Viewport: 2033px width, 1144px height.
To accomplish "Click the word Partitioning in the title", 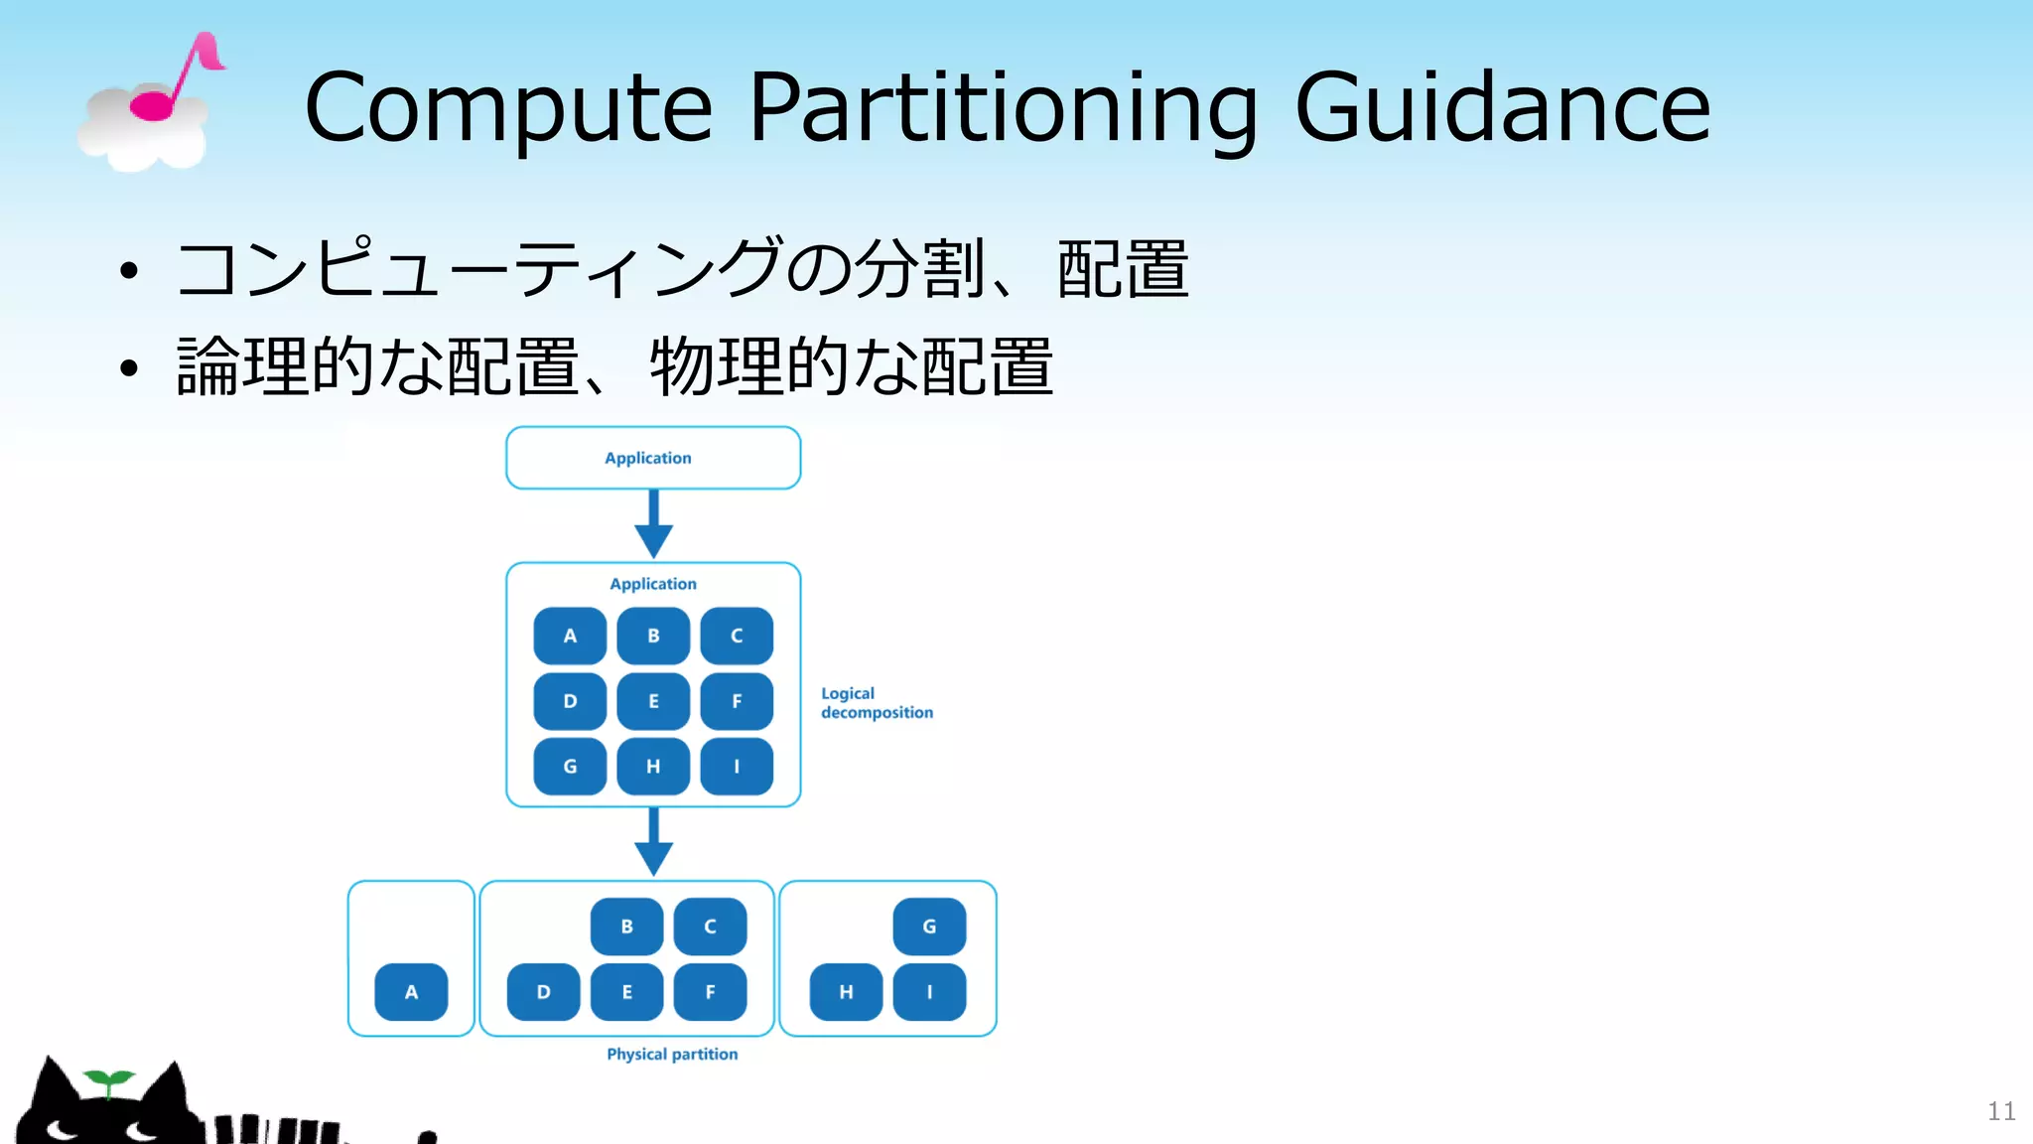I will [x=1003, y=107].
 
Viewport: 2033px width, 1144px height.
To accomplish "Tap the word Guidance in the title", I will [x=1503, y=107].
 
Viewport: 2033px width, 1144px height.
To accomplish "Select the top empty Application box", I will [x=652, y=458].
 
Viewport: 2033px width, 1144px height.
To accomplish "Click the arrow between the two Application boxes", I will [x=653, y=524].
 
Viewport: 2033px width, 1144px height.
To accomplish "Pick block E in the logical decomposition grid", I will [x=653, y=701].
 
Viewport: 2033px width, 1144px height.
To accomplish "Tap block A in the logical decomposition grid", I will [x=570, y=636].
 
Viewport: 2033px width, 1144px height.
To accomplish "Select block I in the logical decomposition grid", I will [x=737, y=767].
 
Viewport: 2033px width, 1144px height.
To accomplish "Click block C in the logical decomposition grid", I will [x=737, y=636].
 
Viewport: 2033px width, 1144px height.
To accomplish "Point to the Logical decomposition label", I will [x=876, y=703].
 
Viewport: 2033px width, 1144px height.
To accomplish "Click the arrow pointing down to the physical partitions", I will [x=653, y=842].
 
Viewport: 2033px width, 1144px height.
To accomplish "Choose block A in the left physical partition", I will [x=411, y=992].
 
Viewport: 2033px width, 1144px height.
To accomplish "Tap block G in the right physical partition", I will [x=929, y=927].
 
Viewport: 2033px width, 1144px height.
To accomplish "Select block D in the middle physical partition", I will [x=543, y=992].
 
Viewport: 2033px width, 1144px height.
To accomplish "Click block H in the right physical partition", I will [x=846, y=992].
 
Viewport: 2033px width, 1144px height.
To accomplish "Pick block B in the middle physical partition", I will [x=626, y=927].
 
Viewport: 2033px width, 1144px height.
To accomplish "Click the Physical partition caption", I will [x=672, y=1055].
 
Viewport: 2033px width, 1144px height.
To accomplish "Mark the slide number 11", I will [x=2001, y=1111].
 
